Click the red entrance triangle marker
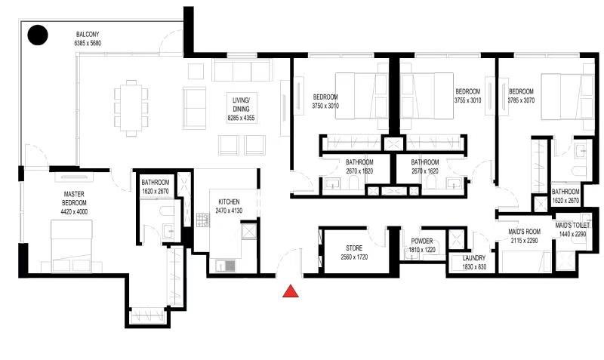tap(291, 291)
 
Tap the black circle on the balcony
tap(38, 35)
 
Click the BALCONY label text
tap(88, 34)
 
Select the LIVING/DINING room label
tap(241, 105)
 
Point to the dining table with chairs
tap(131, 108)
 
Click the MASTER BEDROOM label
tap(74, 198)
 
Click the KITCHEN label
tap(229, 202)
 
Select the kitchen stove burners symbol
tap(203, 220)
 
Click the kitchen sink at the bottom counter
tap(225, 266)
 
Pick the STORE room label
tap(354, 248)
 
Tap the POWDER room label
tap(422, 241)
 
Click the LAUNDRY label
tap(474, 258)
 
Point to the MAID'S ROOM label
tap(524, 232)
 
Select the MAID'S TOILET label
tap(572, 225)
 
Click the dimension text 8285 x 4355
tap(241, 118)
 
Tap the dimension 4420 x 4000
tap(74, 211)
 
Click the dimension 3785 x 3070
tap(521, 100)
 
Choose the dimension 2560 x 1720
tap(354, 257)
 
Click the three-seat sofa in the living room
tap(242, 70)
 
